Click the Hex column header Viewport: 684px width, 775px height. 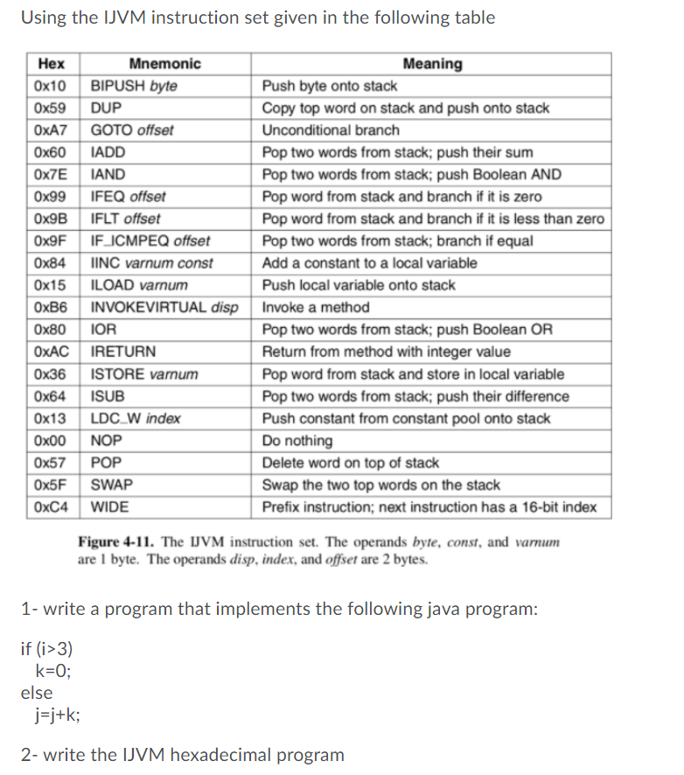click(x=52, y=64)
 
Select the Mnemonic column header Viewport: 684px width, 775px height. click(x=164, y=64)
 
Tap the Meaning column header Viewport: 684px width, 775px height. click(x=433, y=64)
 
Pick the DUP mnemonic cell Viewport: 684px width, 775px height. click(x=107, y=108)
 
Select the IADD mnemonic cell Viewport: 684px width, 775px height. click(x=108, y=152)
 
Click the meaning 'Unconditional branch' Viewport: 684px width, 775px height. click(x=331, y=130)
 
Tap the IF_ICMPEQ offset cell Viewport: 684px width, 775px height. click(x=150, y=241)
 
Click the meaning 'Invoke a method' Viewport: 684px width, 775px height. click(x=316, y=307)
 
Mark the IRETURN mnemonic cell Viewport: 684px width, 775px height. click(x=123, y=352)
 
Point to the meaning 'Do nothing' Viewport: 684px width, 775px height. click(x=297, y=440)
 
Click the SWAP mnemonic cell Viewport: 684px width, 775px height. click(x=111, y=485)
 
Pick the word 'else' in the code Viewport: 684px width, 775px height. click(x=36, y=693)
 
